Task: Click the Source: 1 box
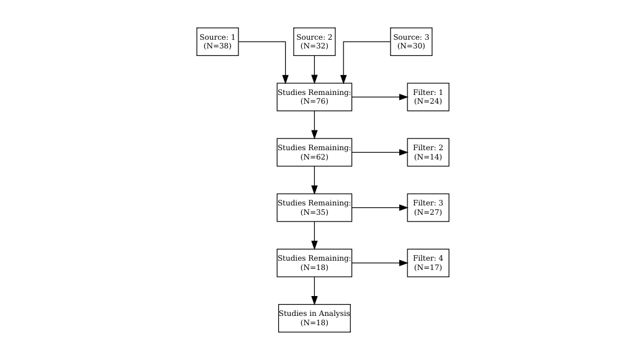click(217, 42)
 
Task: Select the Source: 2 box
click(314, 42)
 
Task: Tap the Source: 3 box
click(411, 42)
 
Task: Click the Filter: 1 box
click(428, 97)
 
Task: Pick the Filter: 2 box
click(428, 152)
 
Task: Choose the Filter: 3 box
click(428, 207)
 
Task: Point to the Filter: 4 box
click(428, 263)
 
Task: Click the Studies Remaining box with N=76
click(314, 97)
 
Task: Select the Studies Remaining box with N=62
click(314, 152)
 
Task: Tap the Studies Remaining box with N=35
click(314, 207)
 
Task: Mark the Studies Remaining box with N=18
click(314, 263)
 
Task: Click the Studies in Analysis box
click(314, 318)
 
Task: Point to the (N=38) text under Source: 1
click(217, 46)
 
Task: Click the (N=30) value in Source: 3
click(411, 46)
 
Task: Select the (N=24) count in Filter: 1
click(428, 101)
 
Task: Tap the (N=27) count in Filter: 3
click(428, 212)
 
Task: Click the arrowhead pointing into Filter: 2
click(403, 152)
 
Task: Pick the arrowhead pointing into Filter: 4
click(403, 263)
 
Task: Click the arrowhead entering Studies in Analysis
click(314, 300)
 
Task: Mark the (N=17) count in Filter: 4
click(428, 267)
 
